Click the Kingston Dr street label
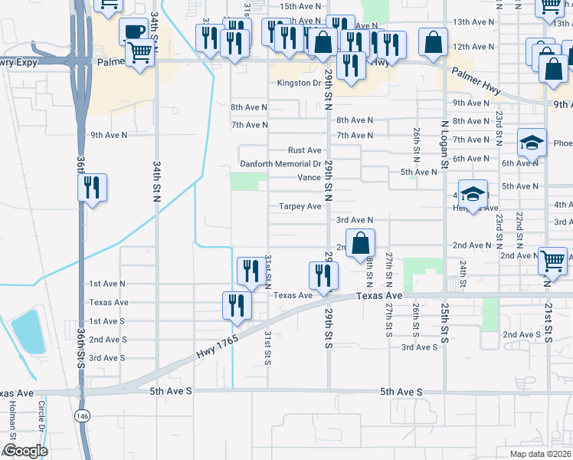pyautogui.click(x=299, y=83)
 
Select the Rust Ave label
pyautogui.click(x=304, y=150)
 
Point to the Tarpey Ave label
pyautogui.click(x=300, y=206)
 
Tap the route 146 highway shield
pyautogui.click(x=82, y=415)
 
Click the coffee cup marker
pyautogui.click(x=133, y=33)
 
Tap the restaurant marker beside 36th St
pyautogui.click(x=92, y=189)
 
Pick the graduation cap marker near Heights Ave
pyautogui.click(x=473, y=194)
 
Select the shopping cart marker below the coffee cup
pyautogui.click(x=139, y=54)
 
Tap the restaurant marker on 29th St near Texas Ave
pyautogui.click(x=323, y=276)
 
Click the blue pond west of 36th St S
pyautogui.click(x=28, y=332)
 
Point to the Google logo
pyautogui.click(x=25, y=451)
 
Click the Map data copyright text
pyautogui.click(x=539, y=454)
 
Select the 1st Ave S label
pyautogui.click(x=106, y=321)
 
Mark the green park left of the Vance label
pyautogui.click(x=248, y=181)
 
